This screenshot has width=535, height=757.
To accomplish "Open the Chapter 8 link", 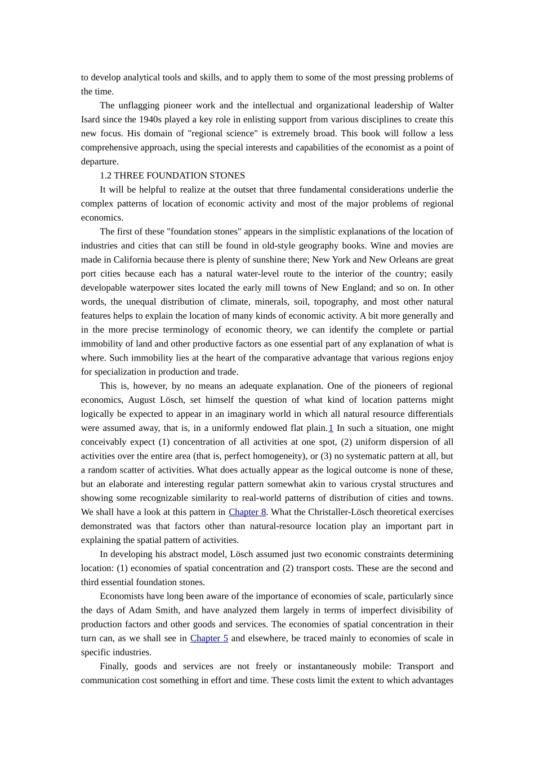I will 247,512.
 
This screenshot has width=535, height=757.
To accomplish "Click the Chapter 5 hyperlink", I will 209,638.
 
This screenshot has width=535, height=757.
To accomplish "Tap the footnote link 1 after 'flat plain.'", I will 331,428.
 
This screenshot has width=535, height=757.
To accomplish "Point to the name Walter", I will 441,105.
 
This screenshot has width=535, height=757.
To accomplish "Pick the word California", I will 132,260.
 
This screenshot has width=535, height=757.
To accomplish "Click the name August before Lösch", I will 145,400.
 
